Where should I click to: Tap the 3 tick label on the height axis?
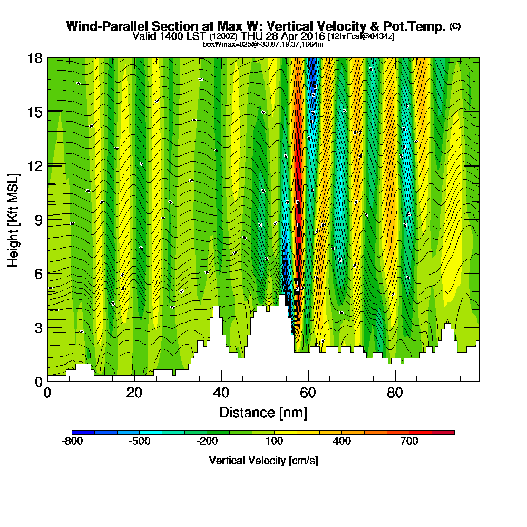tap(38, 328)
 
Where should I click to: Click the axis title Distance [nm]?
tap(263, 412)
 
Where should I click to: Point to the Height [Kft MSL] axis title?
tap(14, 219)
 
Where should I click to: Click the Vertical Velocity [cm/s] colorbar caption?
tap(263, 461)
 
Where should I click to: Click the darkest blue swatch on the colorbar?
tap(83, 432)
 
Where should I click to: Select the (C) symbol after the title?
tap(455, 26)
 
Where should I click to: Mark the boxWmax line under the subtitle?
tap(263, 44)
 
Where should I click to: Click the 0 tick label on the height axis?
tap(38, 381)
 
